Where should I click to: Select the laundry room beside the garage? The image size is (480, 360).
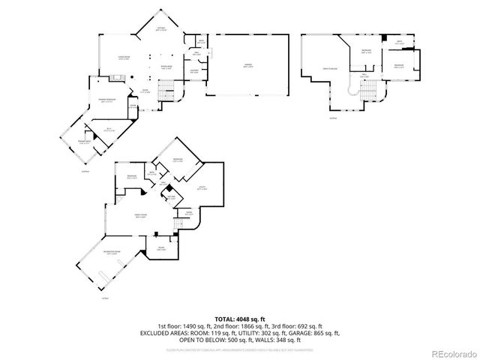pos(194,70)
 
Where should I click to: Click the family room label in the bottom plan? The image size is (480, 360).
pos(140,215)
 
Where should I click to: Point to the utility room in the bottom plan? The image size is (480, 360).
pos(201,189)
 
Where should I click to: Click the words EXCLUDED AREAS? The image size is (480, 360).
pos(161,333)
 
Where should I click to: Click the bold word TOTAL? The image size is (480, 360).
pos(225,319)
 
